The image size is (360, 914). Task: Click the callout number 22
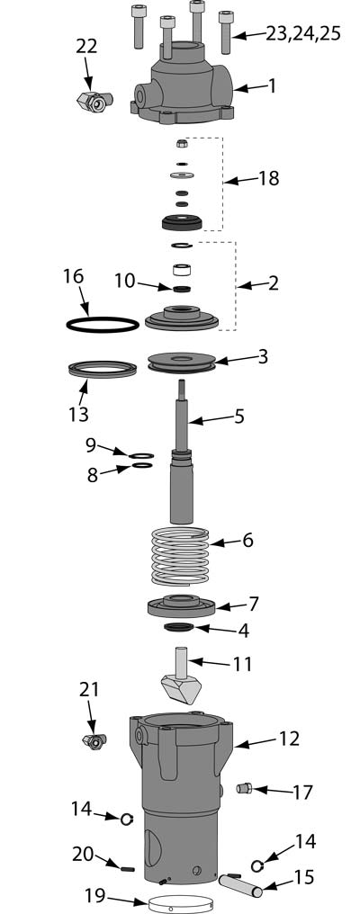coord(87,47)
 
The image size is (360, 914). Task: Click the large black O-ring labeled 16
coord(103,323)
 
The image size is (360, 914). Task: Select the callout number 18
coord(267,178)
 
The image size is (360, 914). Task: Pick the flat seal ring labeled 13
coord(102,368)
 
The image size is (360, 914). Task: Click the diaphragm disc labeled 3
coord(181,362)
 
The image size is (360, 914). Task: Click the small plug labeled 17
coord(242,789)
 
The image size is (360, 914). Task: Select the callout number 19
coord(94,895)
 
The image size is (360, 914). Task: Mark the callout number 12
coord(288,739)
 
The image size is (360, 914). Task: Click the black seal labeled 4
coord(180,627)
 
